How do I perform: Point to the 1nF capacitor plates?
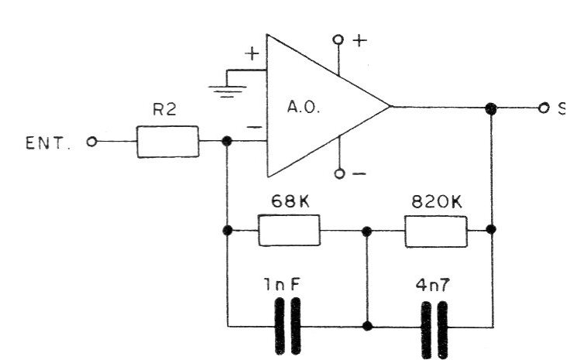[x=287, y=326]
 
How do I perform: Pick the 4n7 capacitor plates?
[x=435, y=330]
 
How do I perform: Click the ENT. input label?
[x=48, y=143]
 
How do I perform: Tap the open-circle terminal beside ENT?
[x=91, y=142]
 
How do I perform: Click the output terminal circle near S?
[x=544, y=108]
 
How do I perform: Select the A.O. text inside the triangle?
[x=304, y=107]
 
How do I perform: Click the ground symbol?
[x=227, y=89]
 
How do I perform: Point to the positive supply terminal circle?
[x=338, y=39]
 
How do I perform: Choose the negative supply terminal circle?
[x=339, y=173]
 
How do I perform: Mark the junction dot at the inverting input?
[x=227, y=141]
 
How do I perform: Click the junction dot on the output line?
[x=491, y=108]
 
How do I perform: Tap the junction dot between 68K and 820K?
[x=367, y=231]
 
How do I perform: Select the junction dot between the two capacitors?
[x=367, y=326]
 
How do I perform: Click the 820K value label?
[x=437, y=203]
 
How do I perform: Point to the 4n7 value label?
[x=433, y=286]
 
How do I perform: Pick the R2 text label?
[x=164, y=109]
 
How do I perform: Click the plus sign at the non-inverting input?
[x=252, y=54]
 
